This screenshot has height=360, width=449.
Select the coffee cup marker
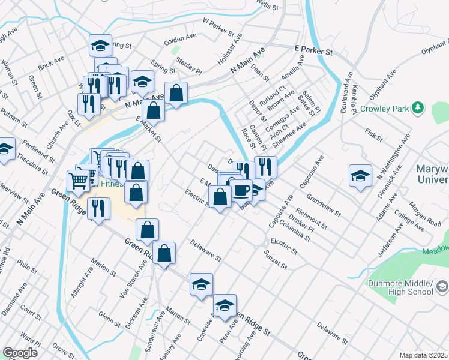coord(242,190)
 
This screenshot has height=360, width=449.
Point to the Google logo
coord(20,353)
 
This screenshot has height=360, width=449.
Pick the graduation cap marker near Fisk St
coord(360,175)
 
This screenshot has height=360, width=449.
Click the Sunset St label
coord(276,259)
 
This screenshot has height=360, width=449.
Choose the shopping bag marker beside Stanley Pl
coord(176,93)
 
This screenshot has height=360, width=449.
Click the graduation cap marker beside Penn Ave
coord(224,305)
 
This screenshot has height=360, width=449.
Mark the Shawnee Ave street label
coord(289,136)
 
